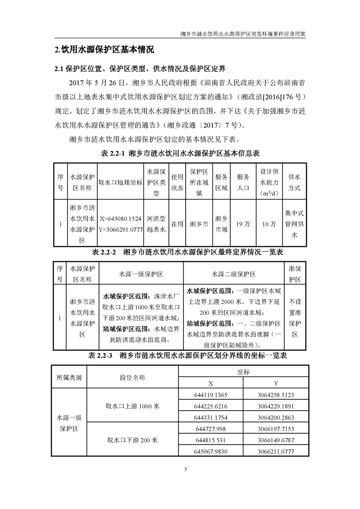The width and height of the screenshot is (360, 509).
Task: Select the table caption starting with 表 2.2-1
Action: coord(180,153)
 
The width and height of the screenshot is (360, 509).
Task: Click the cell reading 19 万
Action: coord(243,224)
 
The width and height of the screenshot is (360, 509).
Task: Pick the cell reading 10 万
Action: coord(269,224)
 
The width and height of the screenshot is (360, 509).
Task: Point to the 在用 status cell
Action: coord(177,224)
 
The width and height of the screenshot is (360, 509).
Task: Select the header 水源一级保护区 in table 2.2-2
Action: coord(141,274)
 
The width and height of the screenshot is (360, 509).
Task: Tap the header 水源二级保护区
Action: coord(233,274)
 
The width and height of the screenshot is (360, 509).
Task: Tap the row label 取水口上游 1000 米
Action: coord(132,406)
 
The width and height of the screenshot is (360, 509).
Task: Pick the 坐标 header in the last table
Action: coord(243,372)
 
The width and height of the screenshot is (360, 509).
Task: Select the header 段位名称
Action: coord(132,377)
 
